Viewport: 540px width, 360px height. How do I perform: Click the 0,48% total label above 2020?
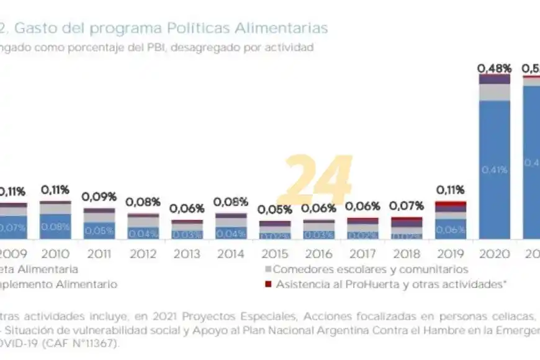(494, 68)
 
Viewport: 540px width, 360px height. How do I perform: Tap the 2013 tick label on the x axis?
(187, 253)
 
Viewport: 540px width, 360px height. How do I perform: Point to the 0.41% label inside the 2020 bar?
(495, 168)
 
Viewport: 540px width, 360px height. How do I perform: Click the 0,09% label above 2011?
(99, 197)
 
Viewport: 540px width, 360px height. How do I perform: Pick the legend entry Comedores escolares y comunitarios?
(370, 269)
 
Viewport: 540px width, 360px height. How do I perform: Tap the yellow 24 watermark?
(319, 180)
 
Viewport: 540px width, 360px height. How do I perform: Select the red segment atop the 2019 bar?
(451, 204)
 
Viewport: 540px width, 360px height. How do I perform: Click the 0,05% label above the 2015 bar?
(275, 209)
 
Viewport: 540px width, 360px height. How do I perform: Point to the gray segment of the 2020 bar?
(495, 92)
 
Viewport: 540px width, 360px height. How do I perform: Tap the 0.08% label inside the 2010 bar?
(55, 227)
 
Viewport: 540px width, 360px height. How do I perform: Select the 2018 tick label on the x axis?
(407, 253)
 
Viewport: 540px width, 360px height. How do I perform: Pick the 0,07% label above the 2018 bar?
(407, 205)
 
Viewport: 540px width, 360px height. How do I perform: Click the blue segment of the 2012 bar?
(143, 233)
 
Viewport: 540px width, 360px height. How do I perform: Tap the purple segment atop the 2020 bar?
(495, 79)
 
